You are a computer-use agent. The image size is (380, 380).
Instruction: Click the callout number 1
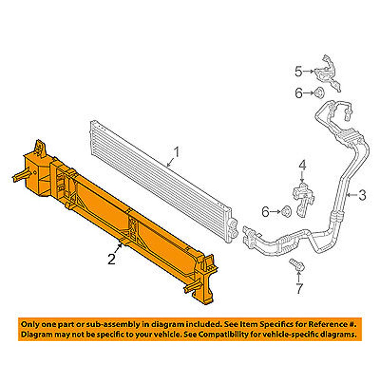[177, 152]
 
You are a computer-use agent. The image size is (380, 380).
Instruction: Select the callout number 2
[111, 259]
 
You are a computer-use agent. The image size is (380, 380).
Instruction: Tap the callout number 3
[362, 195]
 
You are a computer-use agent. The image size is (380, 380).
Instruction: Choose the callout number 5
[299, 71]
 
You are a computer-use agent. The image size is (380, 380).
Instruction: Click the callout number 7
[299, 288]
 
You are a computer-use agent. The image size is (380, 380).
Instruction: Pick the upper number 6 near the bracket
[299, 93]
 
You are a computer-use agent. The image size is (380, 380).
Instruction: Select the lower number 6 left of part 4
[266, 212]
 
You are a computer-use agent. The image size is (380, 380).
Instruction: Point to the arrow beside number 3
[352, 195]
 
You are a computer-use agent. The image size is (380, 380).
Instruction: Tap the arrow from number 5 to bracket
[309, 71]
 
